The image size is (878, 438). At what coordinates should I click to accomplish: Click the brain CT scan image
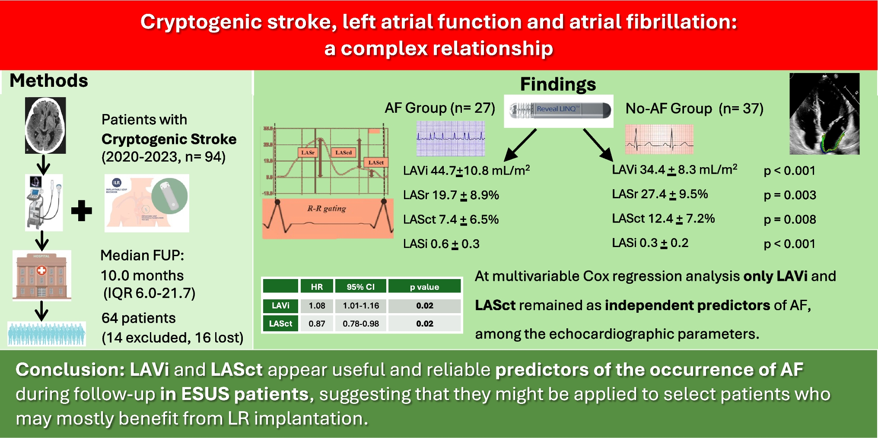coord(45,125)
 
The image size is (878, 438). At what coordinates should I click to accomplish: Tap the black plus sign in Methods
coord(81,211)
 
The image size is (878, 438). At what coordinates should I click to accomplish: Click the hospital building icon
coord(41,275)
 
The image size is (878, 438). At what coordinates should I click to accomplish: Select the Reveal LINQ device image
coord(559,110)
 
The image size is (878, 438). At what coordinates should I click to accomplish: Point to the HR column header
coord(317,287)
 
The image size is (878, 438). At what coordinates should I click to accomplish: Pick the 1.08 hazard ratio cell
coord(317,306)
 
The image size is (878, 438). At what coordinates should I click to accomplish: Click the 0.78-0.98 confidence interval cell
coord(361,324)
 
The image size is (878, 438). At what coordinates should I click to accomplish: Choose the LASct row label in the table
coord(280,324)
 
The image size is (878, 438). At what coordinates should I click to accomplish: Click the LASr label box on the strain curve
coord(308,152)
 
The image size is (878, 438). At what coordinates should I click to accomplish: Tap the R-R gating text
coord(327,209)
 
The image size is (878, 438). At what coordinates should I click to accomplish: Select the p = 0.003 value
coord(790,195)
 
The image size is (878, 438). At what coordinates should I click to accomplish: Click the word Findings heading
coord(558,84)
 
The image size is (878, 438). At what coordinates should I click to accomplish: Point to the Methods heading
coord(49,81)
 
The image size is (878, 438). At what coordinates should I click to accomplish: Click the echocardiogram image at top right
coord(824,114)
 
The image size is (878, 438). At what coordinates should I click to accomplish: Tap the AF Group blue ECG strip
coord(451,138)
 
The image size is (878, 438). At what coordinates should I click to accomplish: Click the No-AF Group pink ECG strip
coord(659,139)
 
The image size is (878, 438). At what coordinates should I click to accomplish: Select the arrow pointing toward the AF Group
coord(520,145)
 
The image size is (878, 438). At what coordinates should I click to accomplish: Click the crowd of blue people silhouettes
coord(47,334)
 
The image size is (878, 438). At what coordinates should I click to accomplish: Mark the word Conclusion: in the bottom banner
coord(70,370)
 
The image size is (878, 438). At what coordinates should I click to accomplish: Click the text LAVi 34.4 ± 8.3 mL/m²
coord(674,170)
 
